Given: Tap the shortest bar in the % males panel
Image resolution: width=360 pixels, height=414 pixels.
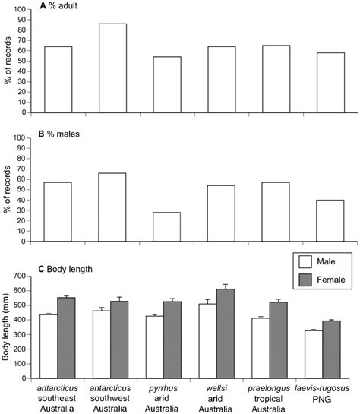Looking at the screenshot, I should click(167, 227).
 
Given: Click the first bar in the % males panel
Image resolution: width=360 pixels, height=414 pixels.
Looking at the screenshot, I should click(58, 212).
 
